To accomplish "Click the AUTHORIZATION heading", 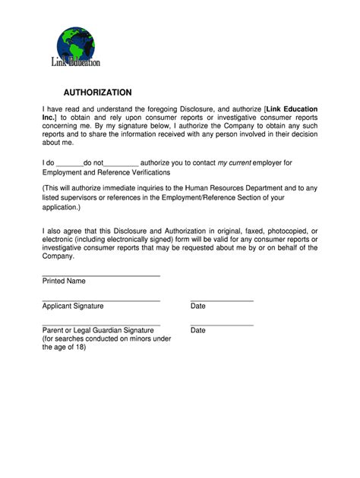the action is tap(98, 92).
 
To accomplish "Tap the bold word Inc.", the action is tap(50, 118).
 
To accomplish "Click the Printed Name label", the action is tap(64, 281).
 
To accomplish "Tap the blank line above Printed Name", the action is tap(101, 275).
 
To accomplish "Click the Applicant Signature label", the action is tap(73, 306).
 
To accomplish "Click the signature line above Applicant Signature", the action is tap(101, 301).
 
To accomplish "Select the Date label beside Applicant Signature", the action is tap(198, 306).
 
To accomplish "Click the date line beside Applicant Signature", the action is tap(222, 301).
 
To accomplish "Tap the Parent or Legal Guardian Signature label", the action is tap(98, 331).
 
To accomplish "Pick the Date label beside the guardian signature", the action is tap(198, 331).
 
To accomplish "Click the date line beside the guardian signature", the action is tap(222, 325).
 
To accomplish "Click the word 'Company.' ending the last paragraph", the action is tap(58, 256).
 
